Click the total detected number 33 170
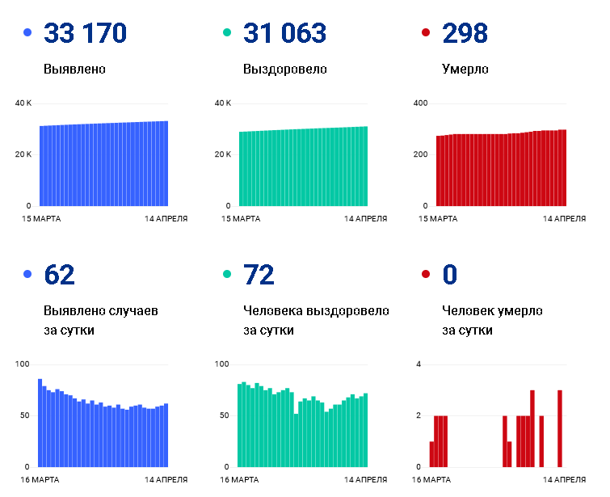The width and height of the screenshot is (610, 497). click(85, 32)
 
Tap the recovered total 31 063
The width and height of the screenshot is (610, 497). click(284, 32)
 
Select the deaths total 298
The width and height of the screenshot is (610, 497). click(465, 32)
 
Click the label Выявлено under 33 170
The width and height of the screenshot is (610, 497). click(74, 69)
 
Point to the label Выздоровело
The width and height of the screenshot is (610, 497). click(284, 69)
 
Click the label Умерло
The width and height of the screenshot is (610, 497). click(465, 69)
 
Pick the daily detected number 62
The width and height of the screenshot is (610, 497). click(59, 275)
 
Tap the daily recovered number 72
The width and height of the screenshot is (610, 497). click(259, 275)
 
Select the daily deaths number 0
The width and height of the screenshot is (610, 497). click(450, 275)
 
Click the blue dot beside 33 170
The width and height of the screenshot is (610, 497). click(27, 32)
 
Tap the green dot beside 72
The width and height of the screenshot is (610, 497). click(227, 274)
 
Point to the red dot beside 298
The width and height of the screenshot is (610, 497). click(426, 32)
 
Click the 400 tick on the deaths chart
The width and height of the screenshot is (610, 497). click(420, 103)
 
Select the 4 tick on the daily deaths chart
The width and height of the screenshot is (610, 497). click(419, 364)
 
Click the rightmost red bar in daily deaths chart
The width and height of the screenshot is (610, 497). click(560, 428)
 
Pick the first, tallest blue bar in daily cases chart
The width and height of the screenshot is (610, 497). click(40, 423)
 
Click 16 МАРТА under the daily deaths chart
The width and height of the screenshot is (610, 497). click(431, 480)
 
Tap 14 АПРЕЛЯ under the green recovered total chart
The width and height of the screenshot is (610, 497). click(366, 219)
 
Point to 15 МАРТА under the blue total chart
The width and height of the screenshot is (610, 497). click(41, 219)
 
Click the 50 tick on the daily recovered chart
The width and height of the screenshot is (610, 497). click(224, 415)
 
